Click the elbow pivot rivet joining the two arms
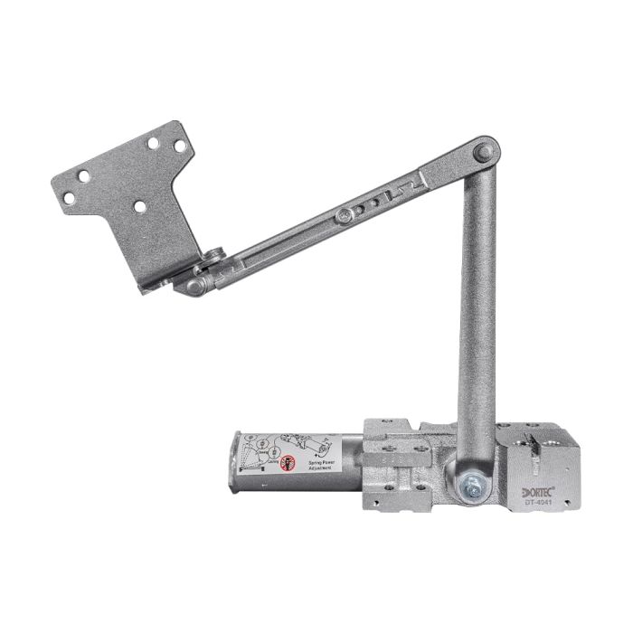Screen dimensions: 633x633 (x=484, y=151)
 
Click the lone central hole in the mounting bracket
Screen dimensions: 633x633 (x=139, y=207)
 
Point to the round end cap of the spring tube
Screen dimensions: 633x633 (x=232, y=462)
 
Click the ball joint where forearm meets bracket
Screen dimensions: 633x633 (x=195, y=286)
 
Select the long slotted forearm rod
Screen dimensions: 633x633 (x=335, y=222)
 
